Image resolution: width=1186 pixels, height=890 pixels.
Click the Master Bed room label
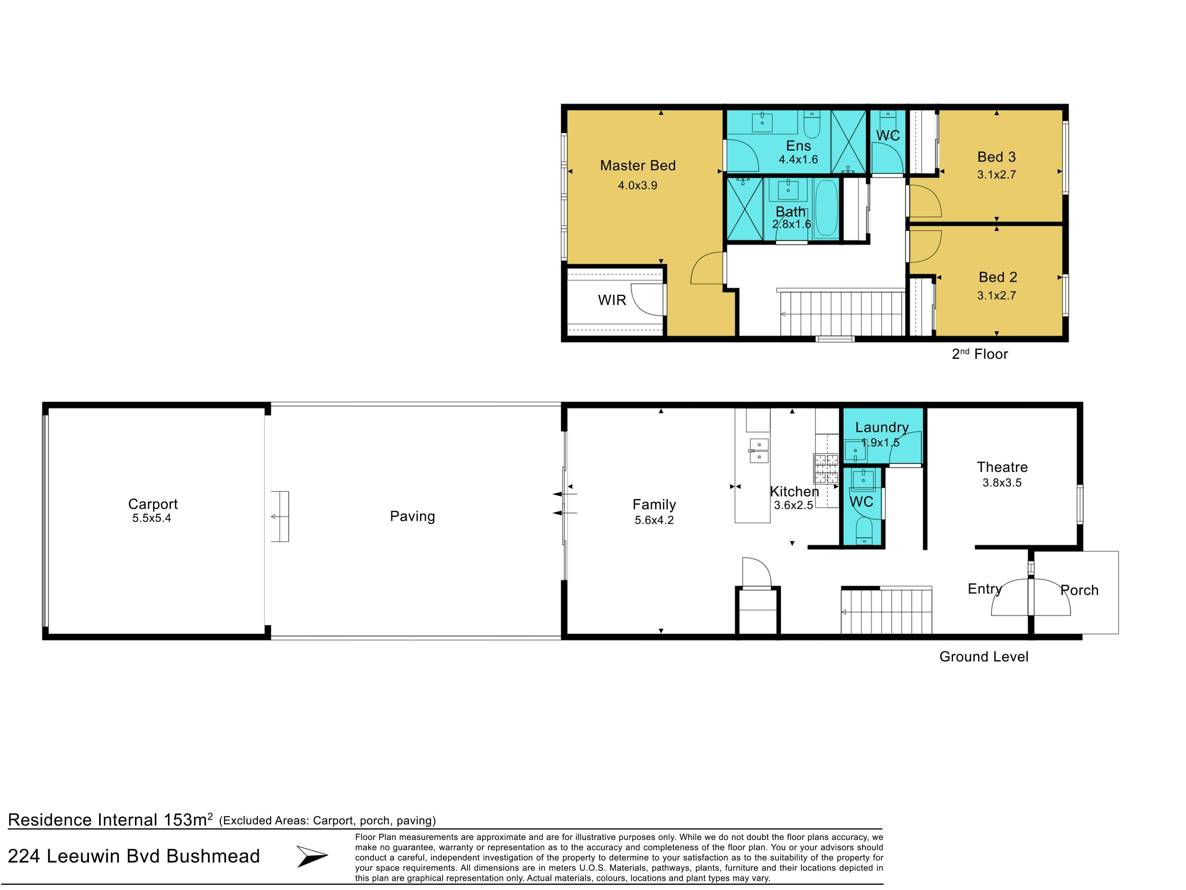[x=637, y=165]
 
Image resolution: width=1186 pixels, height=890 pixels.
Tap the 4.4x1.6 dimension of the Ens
[x=798, y=159]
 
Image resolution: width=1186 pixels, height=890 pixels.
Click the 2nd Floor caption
[x=980, y=354]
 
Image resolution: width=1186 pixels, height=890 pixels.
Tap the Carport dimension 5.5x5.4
[x=152, y=518]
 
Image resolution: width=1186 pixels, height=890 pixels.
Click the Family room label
[x=654, y=505]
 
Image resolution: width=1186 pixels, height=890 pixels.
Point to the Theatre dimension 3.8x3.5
[x=1002, y=483]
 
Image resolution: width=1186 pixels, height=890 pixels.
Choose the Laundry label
[x=882, y=428]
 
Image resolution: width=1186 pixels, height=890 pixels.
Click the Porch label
[x=1079, y=590]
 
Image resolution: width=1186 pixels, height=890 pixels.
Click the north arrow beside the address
[x=312, y=856]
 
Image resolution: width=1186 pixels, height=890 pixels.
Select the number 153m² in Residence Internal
[x=188, y=820]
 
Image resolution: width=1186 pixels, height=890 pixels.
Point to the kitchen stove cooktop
[x=826, y=469]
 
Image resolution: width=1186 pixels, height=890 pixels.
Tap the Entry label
[x=984, y=589]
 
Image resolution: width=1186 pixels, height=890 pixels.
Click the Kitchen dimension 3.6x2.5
[x=793, y=505]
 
